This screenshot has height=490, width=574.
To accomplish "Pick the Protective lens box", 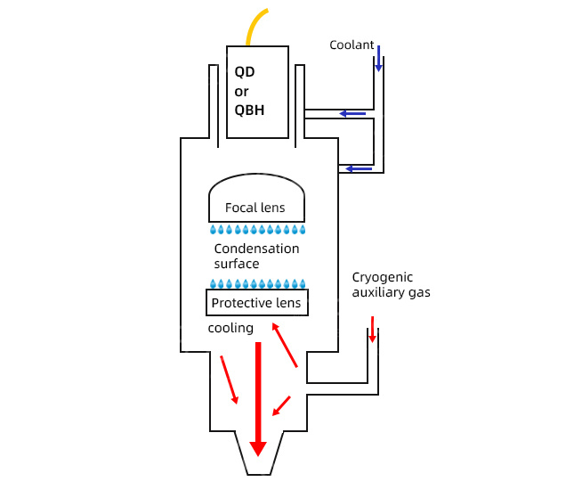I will tap(257, 303).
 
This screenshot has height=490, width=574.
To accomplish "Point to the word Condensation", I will tap(256, 249).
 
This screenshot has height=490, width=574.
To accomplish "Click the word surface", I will tap(237, 264).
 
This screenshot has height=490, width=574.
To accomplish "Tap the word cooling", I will tap(230, 328).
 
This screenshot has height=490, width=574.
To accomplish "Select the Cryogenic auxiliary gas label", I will tap(391, 284).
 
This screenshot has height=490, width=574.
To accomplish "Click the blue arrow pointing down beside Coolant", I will tap(379, 58).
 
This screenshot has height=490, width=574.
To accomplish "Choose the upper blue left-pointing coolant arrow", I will tap(352, 113).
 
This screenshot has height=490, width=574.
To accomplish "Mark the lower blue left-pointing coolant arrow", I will tap(359, 168).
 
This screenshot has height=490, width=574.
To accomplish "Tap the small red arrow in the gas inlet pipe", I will tap(373, 329).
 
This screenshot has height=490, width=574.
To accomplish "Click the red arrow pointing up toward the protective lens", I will tap(284, 345).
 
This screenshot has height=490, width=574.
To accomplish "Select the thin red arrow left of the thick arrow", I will tap(229, 380).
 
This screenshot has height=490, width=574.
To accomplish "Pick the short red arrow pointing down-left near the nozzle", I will tap(281, 405).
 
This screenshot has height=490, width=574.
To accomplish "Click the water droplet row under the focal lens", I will tap(257, 230).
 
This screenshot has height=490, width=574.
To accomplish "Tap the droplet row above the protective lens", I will tap(257, 284).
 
